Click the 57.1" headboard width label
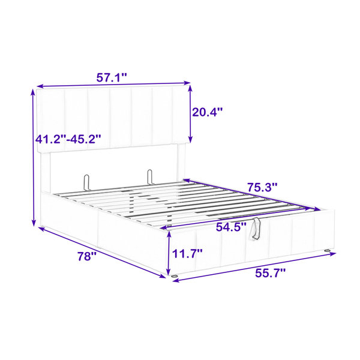[x=112, y=77]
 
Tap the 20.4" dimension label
[x=208, y=112]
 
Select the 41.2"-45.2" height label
[x=68, y=139]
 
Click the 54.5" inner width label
[x=231, y=227]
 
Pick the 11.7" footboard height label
[x=187, y=254]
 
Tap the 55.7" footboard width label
[x=271, y=273]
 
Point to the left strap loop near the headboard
[x=86, y=182]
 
